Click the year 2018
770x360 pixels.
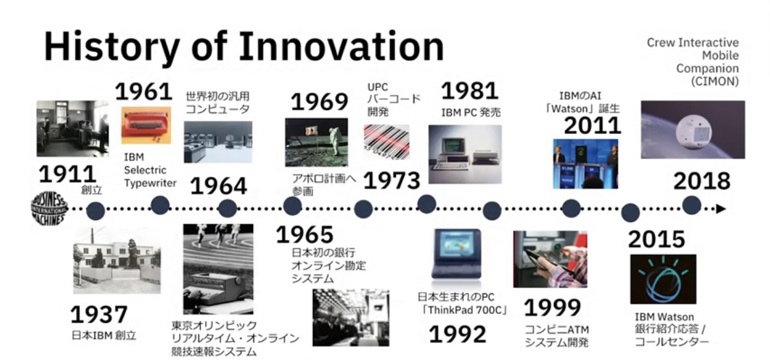tap(701, 182)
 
